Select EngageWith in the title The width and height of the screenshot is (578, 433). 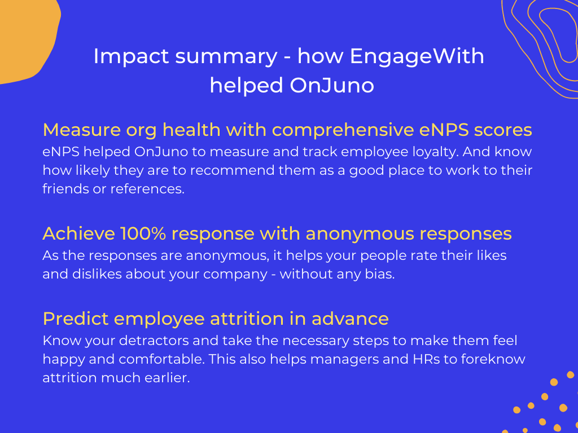(417, 57)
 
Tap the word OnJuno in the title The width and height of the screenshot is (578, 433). (332, 86)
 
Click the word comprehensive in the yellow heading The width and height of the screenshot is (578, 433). (343, 130)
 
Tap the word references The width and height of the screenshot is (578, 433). (147, 189)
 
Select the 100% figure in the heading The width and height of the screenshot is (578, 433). (143, 234)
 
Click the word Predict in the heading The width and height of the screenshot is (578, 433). (76, 319)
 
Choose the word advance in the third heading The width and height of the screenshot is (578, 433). (350, 319)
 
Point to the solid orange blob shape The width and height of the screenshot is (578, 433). (26, 37)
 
